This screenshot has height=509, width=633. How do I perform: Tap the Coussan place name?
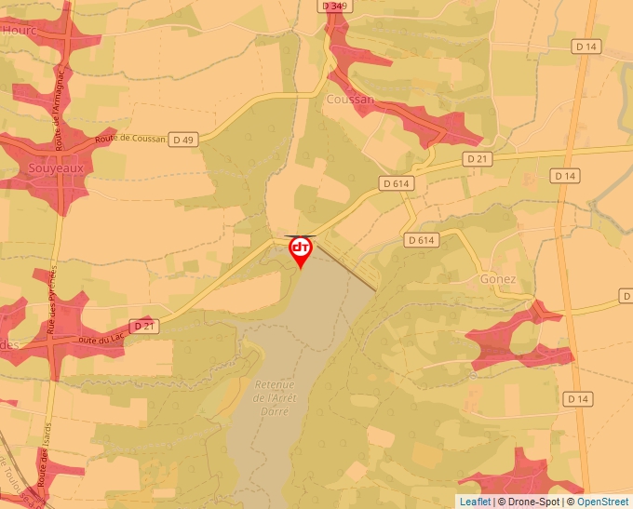[350, 100]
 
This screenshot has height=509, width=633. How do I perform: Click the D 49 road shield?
[183, 140]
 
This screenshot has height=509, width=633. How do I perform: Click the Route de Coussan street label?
[129, 139]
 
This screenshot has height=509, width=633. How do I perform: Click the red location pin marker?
[301, 249]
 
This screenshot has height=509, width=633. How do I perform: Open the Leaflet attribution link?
[475, 502]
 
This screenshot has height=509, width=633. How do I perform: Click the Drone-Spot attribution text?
[531, 502]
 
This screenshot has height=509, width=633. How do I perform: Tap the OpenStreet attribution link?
[602, 502]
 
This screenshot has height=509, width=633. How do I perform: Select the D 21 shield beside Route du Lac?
[142, 326]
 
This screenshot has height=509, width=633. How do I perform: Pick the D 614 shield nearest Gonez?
[422, 240]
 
